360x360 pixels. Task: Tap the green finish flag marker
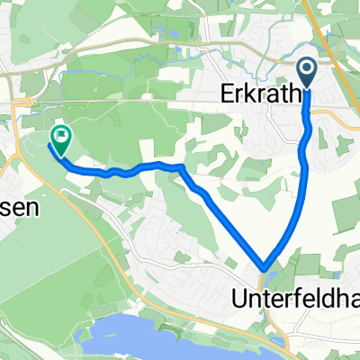click(x=61, y=139)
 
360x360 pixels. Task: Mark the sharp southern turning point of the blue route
click(x=265, y=266)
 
